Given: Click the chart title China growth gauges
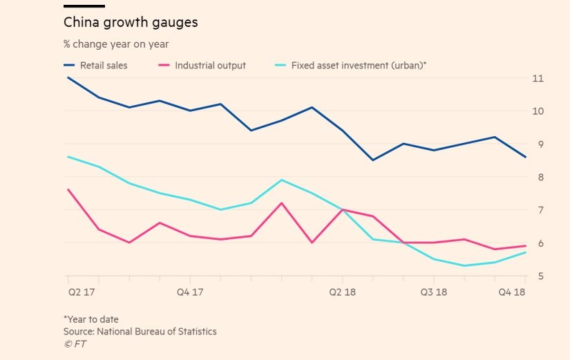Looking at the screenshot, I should point(131,22).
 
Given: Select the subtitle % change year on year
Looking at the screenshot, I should point(116,44).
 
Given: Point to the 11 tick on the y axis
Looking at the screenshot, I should point(537,78).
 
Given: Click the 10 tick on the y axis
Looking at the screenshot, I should point(537,111).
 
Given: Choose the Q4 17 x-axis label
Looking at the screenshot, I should point(190,292).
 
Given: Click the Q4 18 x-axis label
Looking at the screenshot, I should point(513,292).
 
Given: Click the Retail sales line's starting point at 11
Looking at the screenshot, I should point(68,77).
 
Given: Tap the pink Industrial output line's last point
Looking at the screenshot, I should point(526,246).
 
